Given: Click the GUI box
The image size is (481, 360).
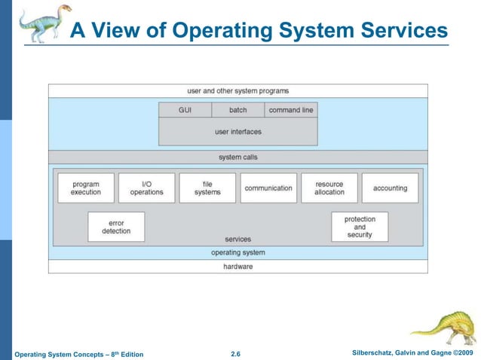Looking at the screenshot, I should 185,110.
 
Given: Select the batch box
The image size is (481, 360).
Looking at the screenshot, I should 238,110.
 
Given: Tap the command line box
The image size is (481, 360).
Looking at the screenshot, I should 291,110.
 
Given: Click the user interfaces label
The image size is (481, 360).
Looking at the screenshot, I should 238,132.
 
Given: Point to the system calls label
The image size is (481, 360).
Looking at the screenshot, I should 238,157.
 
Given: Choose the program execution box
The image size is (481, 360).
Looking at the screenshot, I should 86,188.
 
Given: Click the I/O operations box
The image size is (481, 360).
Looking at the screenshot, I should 146,188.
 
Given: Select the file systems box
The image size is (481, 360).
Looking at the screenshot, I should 207,188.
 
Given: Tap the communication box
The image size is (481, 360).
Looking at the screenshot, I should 268,188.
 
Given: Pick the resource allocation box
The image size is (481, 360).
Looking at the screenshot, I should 329,188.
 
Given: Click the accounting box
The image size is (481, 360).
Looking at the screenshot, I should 390,188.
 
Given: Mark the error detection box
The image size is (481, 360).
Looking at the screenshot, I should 116,227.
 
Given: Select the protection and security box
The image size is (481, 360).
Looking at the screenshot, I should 360,227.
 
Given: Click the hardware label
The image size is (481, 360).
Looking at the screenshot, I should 238,267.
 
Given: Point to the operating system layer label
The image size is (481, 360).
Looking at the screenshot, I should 238,253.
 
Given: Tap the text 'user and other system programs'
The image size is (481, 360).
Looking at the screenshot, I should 238,91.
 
